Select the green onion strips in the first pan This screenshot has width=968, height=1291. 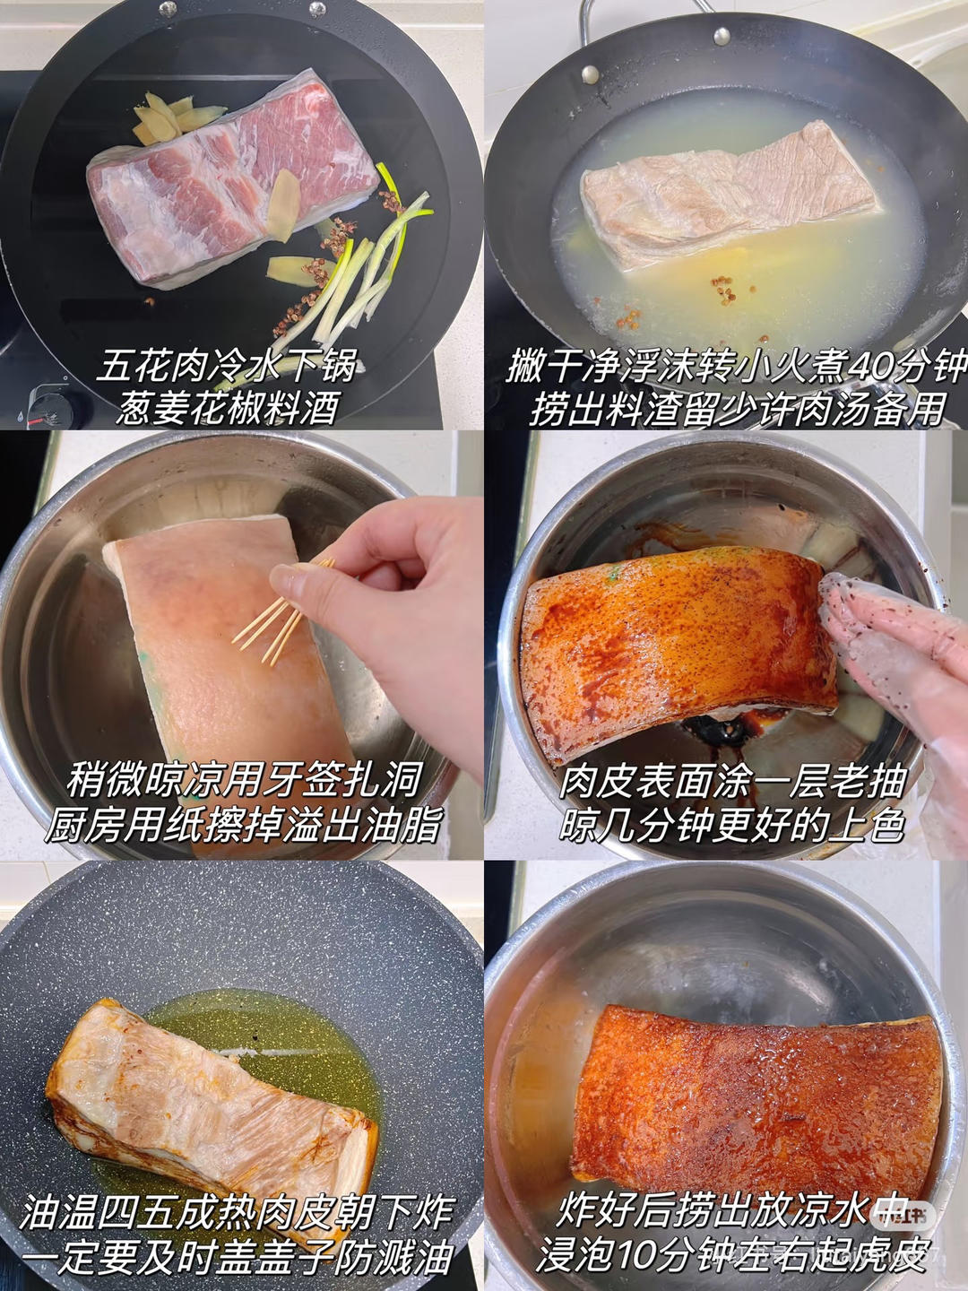pyautogui.click(x=359, y=278)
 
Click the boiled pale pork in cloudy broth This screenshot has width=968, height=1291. pyautogui.click(x=726, y=193)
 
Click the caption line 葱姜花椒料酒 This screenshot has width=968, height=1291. pyautogui.click(x=229, y=409)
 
